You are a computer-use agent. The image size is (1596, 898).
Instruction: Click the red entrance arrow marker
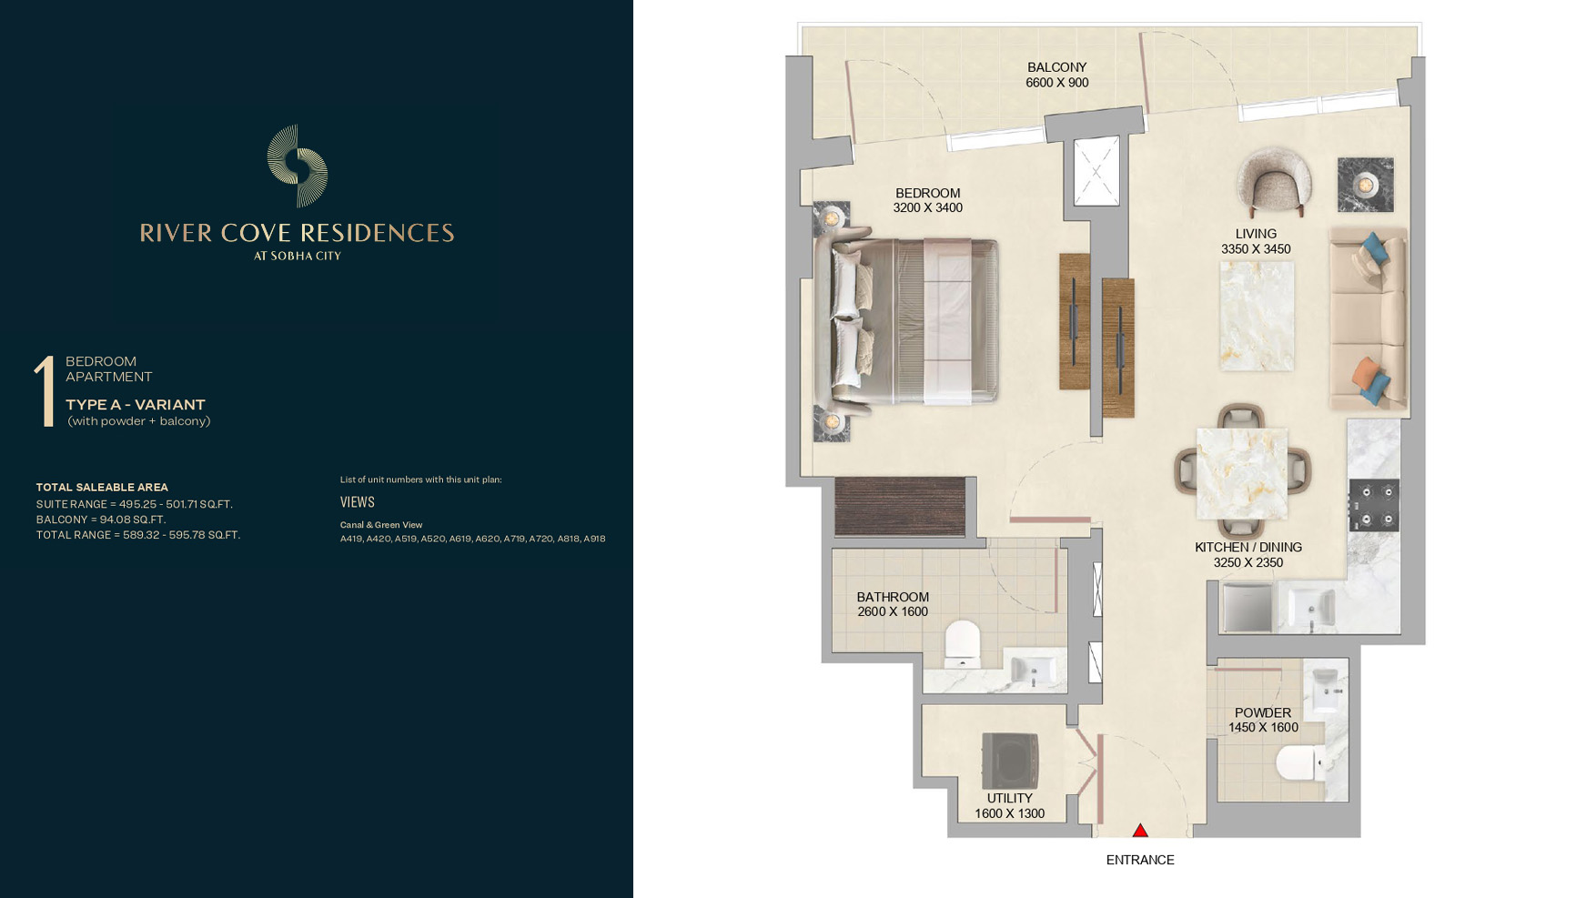point(1139,830)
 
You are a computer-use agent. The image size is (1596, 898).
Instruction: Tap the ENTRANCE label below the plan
point(1140,860)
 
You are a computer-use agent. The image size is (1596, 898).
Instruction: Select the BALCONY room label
point(1056,67)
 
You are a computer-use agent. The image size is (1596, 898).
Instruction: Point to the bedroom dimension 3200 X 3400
point(927,207)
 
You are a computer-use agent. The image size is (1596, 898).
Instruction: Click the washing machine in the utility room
point(1010,761)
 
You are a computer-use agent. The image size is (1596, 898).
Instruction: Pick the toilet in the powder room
point(1299,762)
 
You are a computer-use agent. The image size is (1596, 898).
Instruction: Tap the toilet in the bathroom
point(962,642)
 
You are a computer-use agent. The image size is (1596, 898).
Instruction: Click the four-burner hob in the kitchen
point(1374,505)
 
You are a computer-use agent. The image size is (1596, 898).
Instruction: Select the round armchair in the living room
point(1274,182)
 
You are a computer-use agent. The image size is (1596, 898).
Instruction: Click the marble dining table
point(1241,473)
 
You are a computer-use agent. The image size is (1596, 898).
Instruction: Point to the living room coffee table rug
point(1256,316)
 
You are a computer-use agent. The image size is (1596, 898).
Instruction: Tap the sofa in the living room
point(1368,318)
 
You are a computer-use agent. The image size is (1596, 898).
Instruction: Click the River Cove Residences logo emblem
point(298,166)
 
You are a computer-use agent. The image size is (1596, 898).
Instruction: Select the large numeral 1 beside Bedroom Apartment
point(44,390)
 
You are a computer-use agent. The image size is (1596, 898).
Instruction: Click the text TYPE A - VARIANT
point(136,405)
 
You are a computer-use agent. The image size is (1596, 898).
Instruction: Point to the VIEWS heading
point(358,501)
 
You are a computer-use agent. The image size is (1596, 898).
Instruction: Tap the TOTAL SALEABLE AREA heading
point(102,488)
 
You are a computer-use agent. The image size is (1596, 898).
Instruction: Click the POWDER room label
point(1263,712)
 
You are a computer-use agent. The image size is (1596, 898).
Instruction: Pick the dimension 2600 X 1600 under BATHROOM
point(893,611)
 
